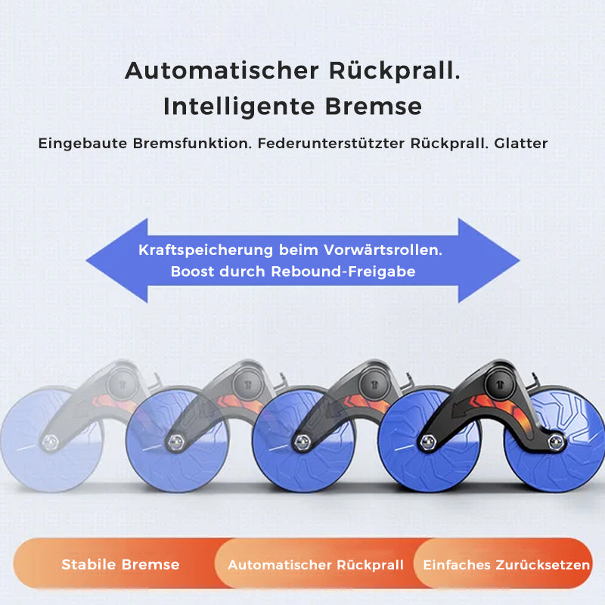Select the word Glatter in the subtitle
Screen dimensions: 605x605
pyautogui.click(x=521, y=142)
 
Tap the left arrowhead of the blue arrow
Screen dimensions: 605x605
pyautogui.click(x=113, y=261)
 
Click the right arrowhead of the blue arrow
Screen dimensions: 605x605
pyautogui.click(x=492, y=261)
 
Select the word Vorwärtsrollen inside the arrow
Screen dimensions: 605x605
pyautogui.click(x=383, y=250)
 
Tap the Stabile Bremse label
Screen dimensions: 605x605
pyautogui.click(x=120, y=564)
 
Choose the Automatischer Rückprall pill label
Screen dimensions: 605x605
pyautogui.click(x=315, y=565)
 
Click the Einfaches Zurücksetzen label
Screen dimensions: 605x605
pyautogui.click(x=507, y=565)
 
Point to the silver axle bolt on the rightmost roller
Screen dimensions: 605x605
pyautogui.click(x=428, y=439)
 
